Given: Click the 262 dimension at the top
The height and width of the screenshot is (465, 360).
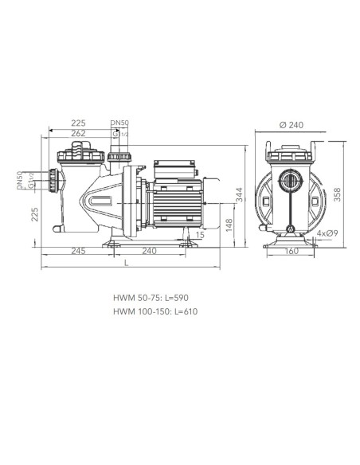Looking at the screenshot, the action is click(x=78, y=134).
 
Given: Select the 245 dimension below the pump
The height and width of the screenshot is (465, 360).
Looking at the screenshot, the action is click(x=78, y=251).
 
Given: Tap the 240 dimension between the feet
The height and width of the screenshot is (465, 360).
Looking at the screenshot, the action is click(x=149, y=251).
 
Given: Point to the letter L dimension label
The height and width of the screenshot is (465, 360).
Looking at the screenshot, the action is click(x=127, y=263).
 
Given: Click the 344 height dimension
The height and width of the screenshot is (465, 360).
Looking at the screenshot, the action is click(x=239, y=194).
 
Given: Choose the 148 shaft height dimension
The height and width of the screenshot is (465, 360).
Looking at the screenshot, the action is click(x=229, y=226).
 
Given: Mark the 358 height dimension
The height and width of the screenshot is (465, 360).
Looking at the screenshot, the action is click(x=337, y=194).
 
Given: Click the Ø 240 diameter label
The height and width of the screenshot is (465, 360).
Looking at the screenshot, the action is click(x=292, y=125).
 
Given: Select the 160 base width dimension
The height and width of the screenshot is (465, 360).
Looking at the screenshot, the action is click(x=292, y=251).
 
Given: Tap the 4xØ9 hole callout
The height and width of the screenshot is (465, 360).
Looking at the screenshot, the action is click(x=327, y=233).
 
